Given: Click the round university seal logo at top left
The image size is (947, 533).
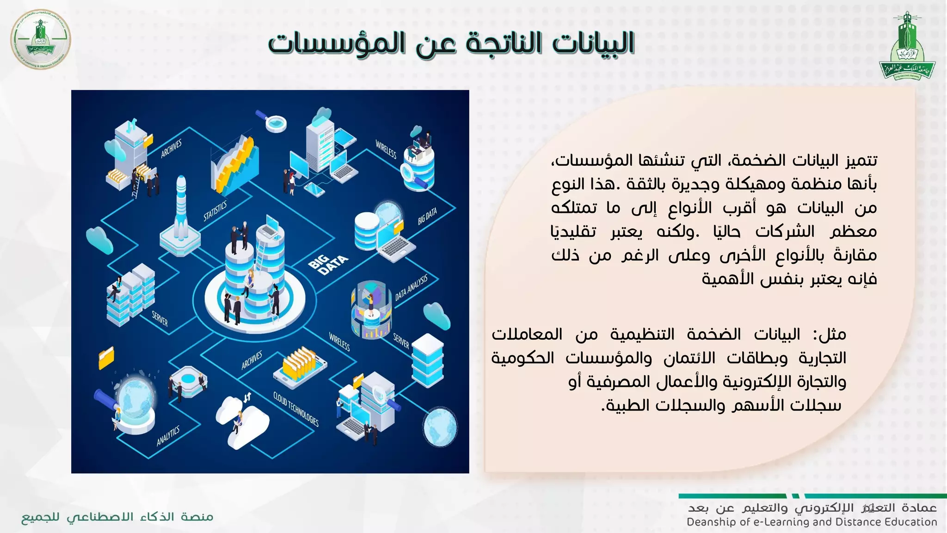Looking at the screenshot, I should pyautogui.click(x=41, y=40).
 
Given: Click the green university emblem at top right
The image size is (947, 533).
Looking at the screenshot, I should pyautogui.click(x=907, y=46).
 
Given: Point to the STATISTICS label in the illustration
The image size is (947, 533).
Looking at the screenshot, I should pyautogui.click(x=215, y=211).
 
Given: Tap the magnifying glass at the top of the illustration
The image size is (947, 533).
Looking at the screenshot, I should pyautogui.click(x=273, y=121).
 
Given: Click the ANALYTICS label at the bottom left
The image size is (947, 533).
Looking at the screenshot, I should pyautogui.click(x=168, y=436).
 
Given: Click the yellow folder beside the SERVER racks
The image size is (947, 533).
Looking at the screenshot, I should pyautogui.click(x=106, y=357).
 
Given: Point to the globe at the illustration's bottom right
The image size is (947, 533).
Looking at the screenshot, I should pyautogui.click(x=440, y=427).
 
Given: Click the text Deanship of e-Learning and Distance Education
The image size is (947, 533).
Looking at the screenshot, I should pyautogui.click(x=812, y=522).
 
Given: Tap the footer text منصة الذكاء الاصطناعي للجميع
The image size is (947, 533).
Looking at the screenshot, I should pyautogui.click(x=117, y=517).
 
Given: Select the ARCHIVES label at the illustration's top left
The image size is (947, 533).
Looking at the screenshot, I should pyautogui.click(x=171, y=149).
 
